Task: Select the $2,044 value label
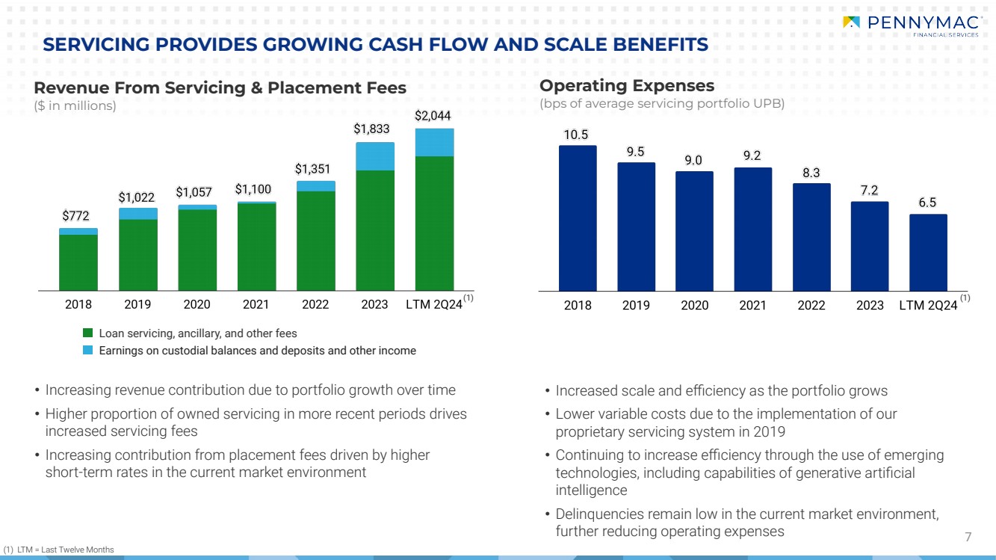click(x=433, y=116)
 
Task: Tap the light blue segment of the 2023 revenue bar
click(x=374, y=156)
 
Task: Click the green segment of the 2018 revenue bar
click(x=78, y=262)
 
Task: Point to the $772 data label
click(x=76, y=216)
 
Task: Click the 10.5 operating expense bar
click(x=578, y=218)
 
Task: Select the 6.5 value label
click(x=928, y=203)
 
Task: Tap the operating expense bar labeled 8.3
click(x=811, y=236)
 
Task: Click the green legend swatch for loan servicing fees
click(x=87, y=333)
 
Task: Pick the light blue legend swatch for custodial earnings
click(x=87, y=351)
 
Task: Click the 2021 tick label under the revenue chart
click(x=256, y=304)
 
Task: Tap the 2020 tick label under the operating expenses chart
click(x=694, y=305)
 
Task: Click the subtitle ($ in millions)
click(x=75, y=106)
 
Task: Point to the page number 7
click(x=968, y=537)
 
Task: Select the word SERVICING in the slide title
click(x=89, y=46)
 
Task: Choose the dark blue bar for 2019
click(x=636, y=227)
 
